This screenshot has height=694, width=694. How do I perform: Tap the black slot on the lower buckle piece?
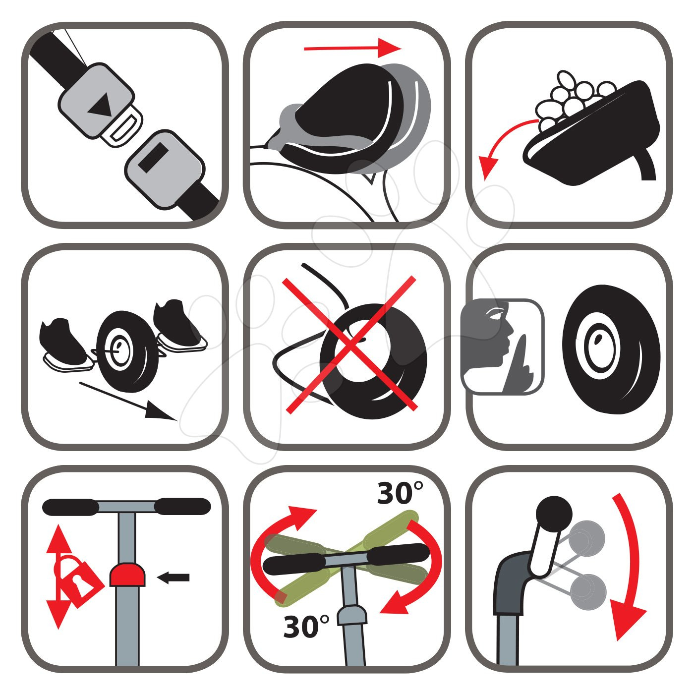click(153, 158)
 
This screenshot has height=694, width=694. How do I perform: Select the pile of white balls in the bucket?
click(573, 99)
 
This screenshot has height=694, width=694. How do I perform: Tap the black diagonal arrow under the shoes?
click(128, 401)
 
